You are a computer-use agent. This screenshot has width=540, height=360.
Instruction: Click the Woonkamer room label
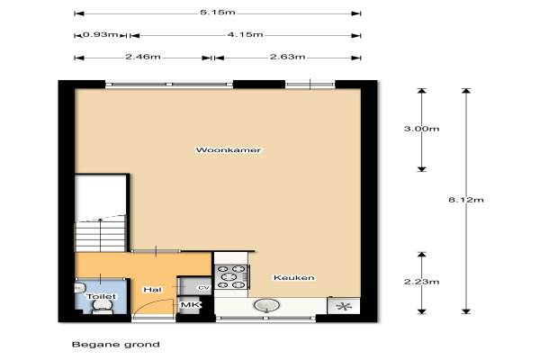(228, 150)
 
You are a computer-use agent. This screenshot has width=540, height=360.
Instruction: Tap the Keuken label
(293, 278)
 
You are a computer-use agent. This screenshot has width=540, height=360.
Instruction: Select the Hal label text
(152, 290)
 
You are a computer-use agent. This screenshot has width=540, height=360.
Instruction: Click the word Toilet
(101, 296)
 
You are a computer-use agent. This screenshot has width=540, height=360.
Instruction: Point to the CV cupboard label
(203, 288)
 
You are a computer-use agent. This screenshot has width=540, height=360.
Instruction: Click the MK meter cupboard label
(190, 305)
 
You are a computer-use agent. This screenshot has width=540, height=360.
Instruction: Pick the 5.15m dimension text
(218, 13)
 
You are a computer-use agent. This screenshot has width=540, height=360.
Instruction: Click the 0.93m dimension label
(101, 35)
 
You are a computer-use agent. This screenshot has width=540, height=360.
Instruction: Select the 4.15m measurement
(245, 35)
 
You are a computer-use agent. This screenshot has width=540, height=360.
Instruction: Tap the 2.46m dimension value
(143, 57)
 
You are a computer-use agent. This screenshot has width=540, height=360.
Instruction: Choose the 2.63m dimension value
(288, 57)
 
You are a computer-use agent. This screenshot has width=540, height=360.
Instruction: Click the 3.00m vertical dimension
(421, 129)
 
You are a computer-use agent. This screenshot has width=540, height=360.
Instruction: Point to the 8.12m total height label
(466, 200)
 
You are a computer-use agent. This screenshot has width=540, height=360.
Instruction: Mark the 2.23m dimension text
(421, 282)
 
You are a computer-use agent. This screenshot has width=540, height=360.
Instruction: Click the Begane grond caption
(116, 345)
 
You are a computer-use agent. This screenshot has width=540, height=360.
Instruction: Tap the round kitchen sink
(266, 305)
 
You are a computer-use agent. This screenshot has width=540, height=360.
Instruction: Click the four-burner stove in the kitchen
(231, 276)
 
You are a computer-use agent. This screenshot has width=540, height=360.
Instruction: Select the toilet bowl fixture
(103, 307)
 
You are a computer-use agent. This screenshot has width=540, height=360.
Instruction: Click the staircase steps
(101, 233)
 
